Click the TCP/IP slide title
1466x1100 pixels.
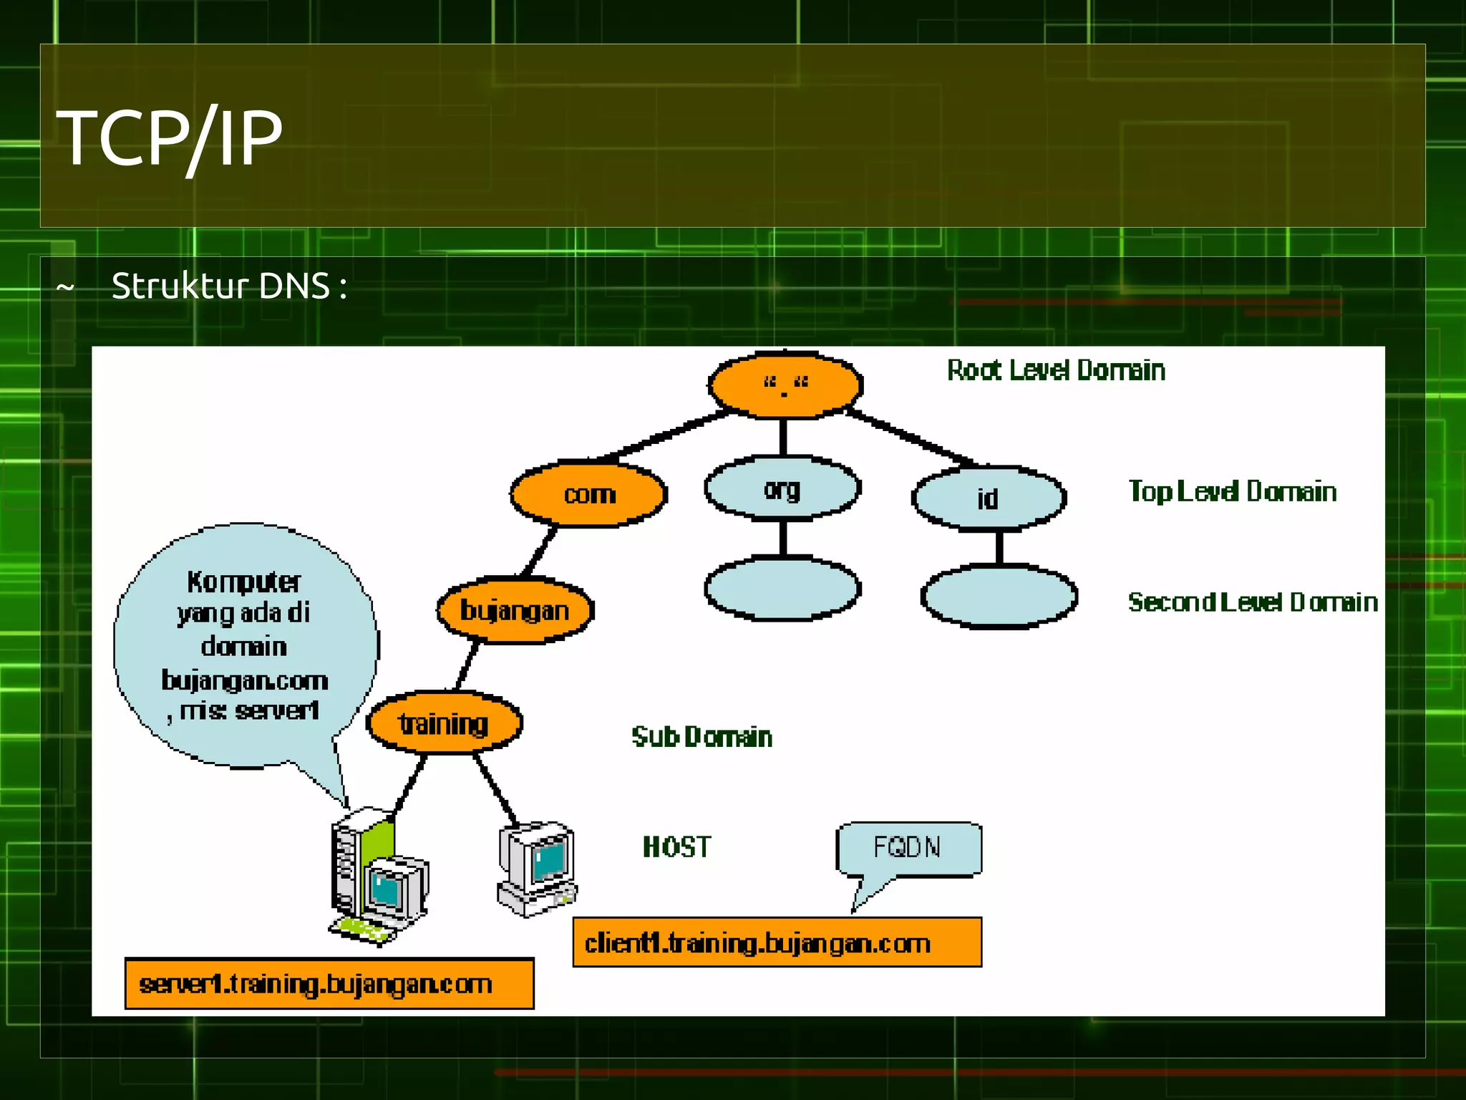170,137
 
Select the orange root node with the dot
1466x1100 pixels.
785,385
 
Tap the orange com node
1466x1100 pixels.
588,495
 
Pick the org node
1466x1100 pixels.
782,488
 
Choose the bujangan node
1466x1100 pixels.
515,611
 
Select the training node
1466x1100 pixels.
444,723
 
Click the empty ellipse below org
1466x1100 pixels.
782,589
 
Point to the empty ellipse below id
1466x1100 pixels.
999,597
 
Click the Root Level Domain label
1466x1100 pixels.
1056,370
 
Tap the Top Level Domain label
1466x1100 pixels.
1232,491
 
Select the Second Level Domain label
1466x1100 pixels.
1252,602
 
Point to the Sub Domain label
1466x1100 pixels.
702,737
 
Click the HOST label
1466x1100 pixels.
676,847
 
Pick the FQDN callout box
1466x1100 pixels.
908,848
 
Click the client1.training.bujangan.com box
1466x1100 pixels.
777,943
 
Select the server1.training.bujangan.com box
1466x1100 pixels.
329,984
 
